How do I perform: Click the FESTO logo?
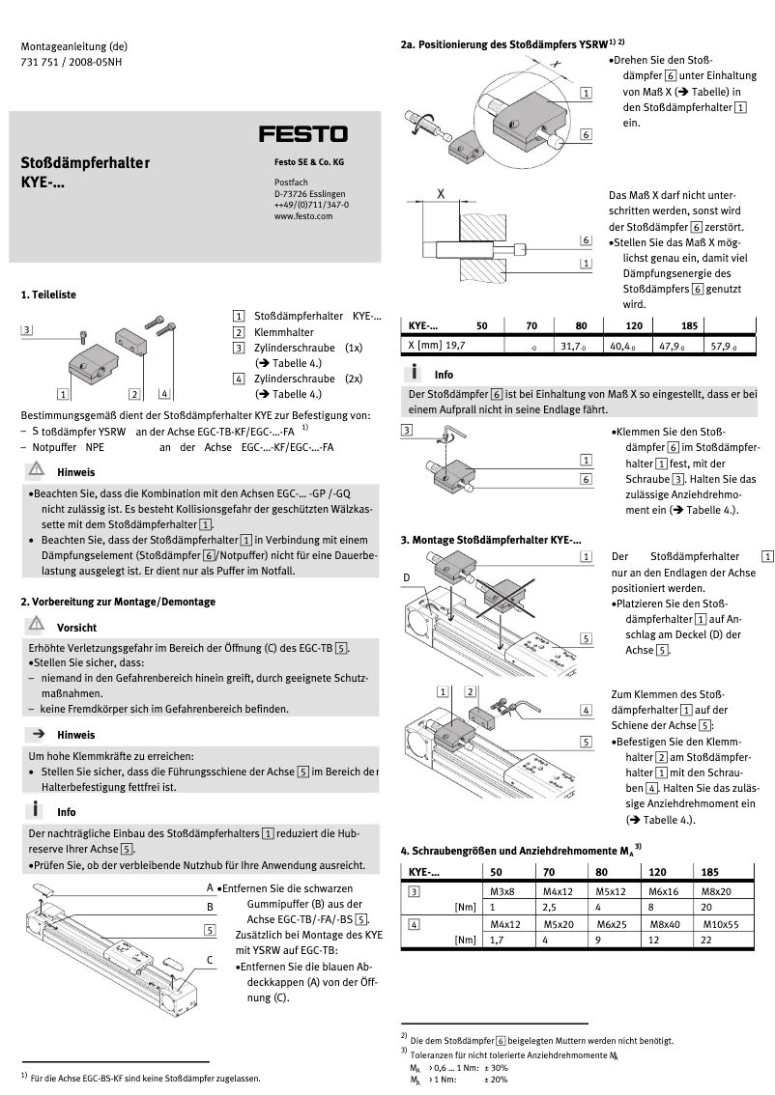pos(302,133)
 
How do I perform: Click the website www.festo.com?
pos(302,217)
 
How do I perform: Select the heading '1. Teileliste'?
pos(49,294)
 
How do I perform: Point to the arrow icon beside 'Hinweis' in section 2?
pos(38,734)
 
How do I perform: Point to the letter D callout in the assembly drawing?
pos(407,576)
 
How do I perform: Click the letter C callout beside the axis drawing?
pos(210,959)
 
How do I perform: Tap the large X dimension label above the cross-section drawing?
pos(441,194)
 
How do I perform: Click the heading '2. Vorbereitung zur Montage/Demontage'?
pos(118,601)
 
